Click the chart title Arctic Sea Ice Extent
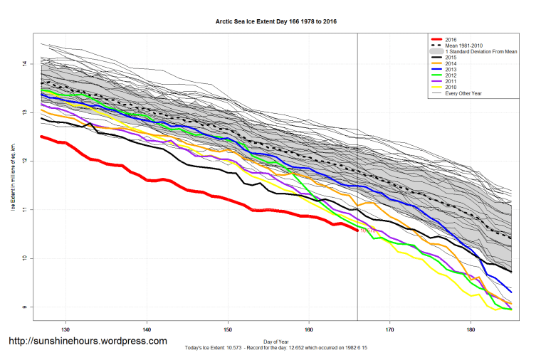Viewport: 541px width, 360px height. pos(276,22)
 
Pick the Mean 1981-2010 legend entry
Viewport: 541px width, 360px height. pos(464,46)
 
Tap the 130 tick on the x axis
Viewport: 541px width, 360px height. pos(66,330)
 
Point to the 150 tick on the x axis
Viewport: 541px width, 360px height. pos(228,330)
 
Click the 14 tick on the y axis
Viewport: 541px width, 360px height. pos(24,64)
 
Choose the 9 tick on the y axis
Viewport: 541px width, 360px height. pos(24,307)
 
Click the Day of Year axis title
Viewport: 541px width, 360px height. pos(275,340)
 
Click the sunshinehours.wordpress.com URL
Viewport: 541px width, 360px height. pos(88,342)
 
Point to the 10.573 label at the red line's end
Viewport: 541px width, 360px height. pos(368,231)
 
